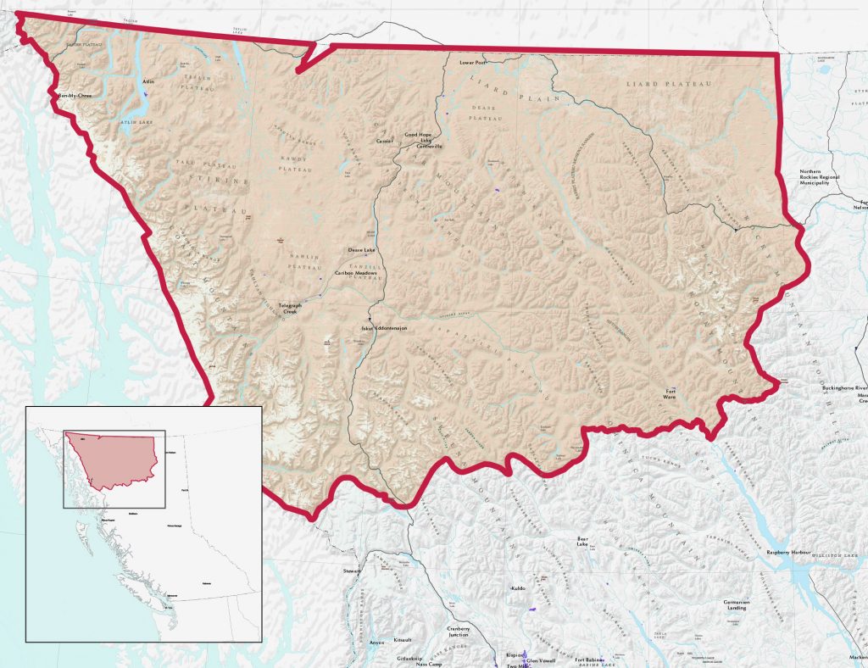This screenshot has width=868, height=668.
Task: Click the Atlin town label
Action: coord(148,81)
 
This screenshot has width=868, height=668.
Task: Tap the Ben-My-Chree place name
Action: coord(73,96)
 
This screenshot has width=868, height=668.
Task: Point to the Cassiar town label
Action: coord(386,142)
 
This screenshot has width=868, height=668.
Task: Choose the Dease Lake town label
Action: coord(361,251)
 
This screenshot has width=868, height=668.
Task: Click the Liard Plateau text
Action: coord(668,85)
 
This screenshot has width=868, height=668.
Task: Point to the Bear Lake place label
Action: coord(582,541)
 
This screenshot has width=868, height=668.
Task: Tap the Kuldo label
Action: coord(519,587)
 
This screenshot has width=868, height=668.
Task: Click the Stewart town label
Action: coord(352,572)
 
